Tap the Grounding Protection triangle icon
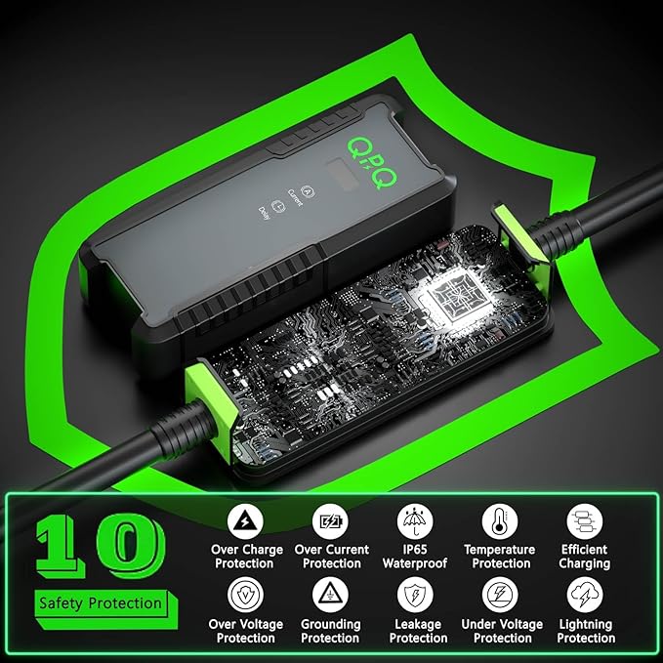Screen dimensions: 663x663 coord(330,595)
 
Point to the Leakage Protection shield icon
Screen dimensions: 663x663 coord(416,595)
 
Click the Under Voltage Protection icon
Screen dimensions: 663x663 coord(500,595)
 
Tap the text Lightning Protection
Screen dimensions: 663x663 coord(586,631)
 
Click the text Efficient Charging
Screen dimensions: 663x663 coord(585,557)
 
